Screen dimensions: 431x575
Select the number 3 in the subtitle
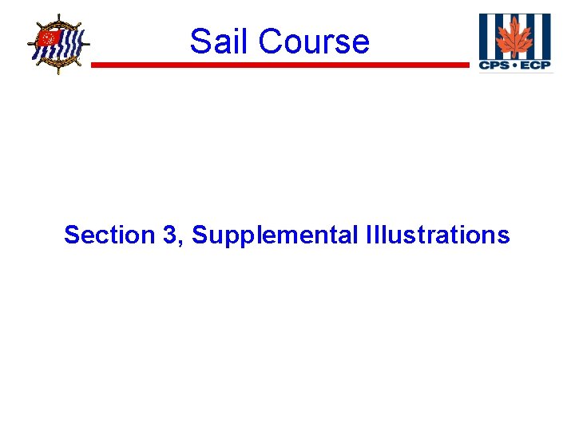175,235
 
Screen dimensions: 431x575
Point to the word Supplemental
274,236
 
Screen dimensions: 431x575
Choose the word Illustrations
437,235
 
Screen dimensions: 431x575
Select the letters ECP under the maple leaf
535,65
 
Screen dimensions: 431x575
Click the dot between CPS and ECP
514,65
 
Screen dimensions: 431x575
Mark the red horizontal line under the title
280,65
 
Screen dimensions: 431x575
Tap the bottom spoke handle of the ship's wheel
58,72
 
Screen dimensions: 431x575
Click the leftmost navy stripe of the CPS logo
483,35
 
